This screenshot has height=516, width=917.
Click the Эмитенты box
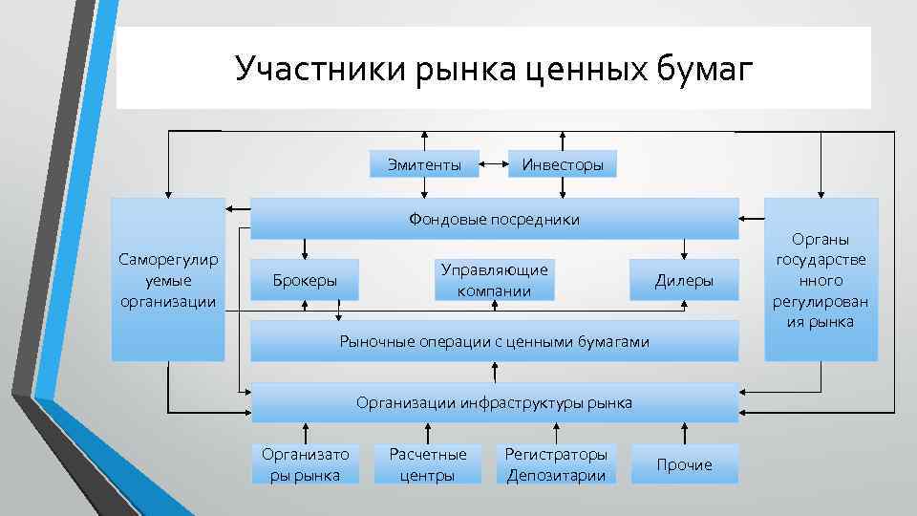click(424, 164)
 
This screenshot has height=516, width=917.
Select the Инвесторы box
click(563, 164)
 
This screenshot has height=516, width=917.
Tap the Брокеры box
click(305, 280)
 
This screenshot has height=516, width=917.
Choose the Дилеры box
click(684, 280)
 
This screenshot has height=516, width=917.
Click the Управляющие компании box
click(495, 280)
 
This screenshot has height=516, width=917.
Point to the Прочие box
click(684, 464)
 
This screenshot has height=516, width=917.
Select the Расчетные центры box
click(427, 464)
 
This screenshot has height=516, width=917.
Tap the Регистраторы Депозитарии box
click(556, 464)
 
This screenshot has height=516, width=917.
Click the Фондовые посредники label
click(494, 219)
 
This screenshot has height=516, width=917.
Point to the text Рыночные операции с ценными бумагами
click(494, 341)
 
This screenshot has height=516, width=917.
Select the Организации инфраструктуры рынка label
click(494, 402)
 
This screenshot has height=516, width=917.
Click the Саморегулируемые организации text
click(168, 280)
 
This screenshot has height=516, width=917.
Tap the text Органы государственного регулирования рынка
click(821, 280)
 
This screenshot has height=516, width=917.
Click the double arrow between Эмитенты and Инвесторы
click(492, 164)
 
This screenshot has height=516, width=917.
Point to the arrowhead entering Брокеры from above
click(305, 254)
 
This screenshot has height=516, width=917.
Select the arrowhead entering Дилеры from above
click(684, 254)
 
